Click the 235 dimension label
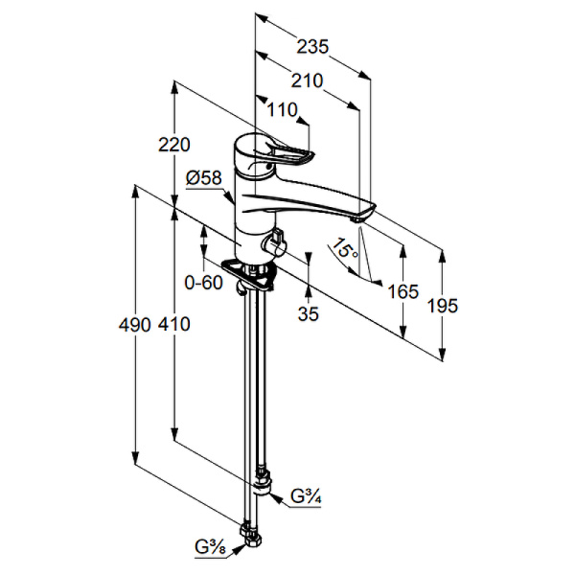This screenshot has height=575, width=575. click(312, 47)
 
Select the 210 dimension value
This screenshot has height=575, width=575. click(307, 80)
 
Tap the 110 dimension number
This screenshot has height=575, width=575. click(282, 109)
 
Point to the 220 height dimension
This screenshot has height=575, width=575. click(174, 145)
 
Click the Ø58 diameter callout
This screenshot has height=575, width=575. click(204, 178)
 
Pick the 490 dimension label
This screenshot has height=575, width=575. click(134, 325)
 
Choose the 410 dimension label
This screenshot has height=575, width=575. click(174, 325)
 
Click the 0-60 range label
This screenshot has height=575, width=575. click(203, 283)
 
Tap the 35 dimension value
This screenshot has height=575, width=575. click(309, 313)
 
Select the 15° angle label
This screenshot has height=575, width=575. click(344, 248)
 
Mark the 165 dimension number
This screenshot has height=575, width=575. click(403, 292)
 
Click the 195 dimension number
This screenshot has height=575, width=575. click(443, 306)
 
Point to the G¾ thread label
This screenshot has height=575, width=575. click(307, 496)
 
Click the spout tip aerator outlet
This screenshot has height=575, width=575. click(356, 219)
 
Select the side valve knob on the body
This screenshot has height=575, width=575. click(273, 243)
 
